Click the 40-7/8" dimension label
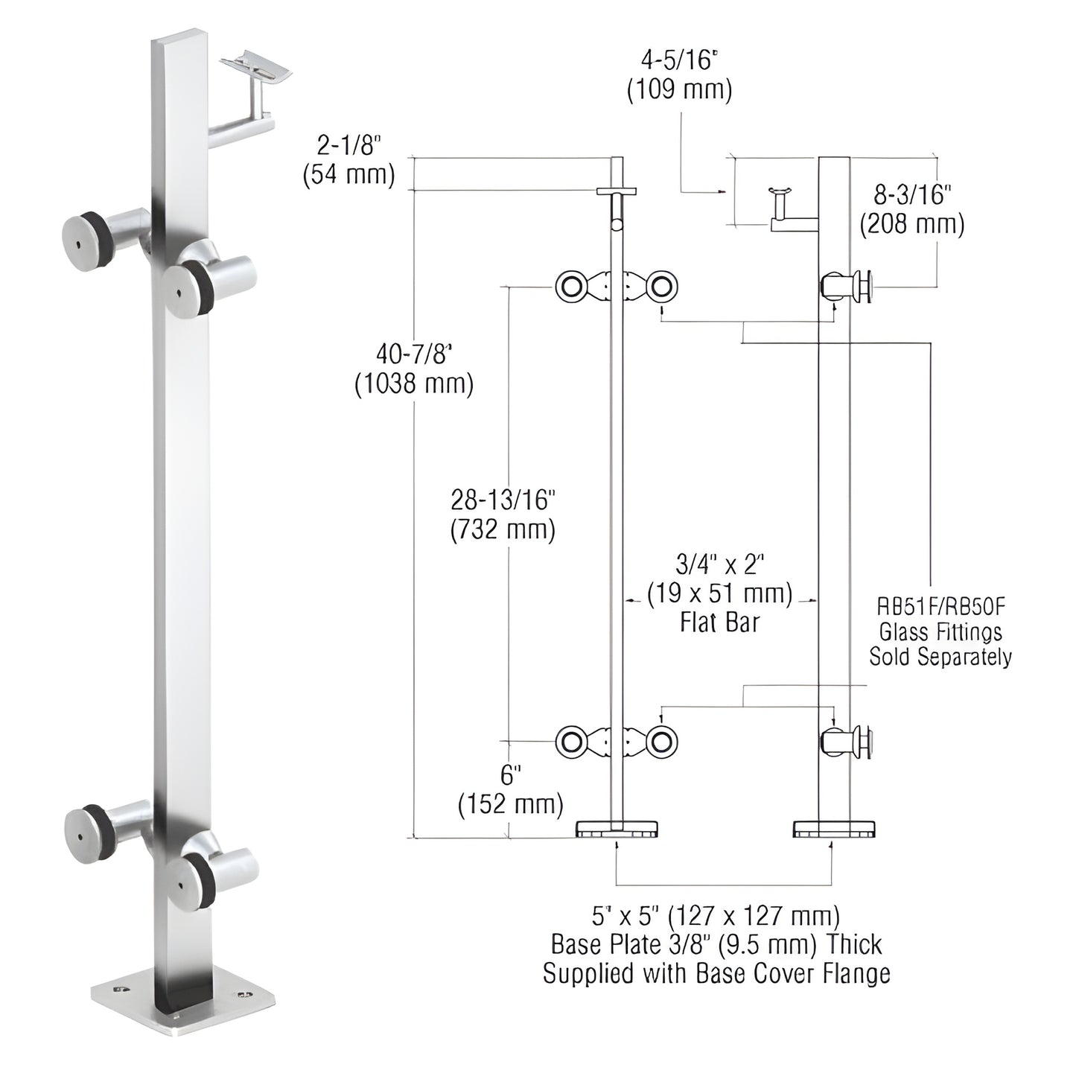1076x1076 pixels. [414, 352]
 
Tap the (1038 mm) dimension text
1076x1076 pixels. [414, 383]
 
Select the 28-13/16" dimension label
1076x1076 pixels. [503, 500]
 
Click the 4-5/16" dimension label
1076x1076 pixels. [679, 58]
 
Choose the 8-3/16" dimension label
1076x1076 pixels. [912, 194]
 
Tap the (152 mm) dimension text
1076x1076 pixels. [511, 804]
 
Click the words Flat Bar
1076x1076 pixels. [719, 623]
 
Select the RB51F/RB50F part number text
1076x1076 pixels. [940, 607]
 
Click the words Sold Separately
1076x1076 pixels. [940, 657]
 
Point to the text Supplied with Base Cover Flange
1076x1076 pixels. [716, 973]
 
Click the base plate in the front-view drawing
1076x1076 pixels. [617, 829]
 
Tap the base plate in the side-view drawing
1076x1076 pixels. [834, 829]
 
